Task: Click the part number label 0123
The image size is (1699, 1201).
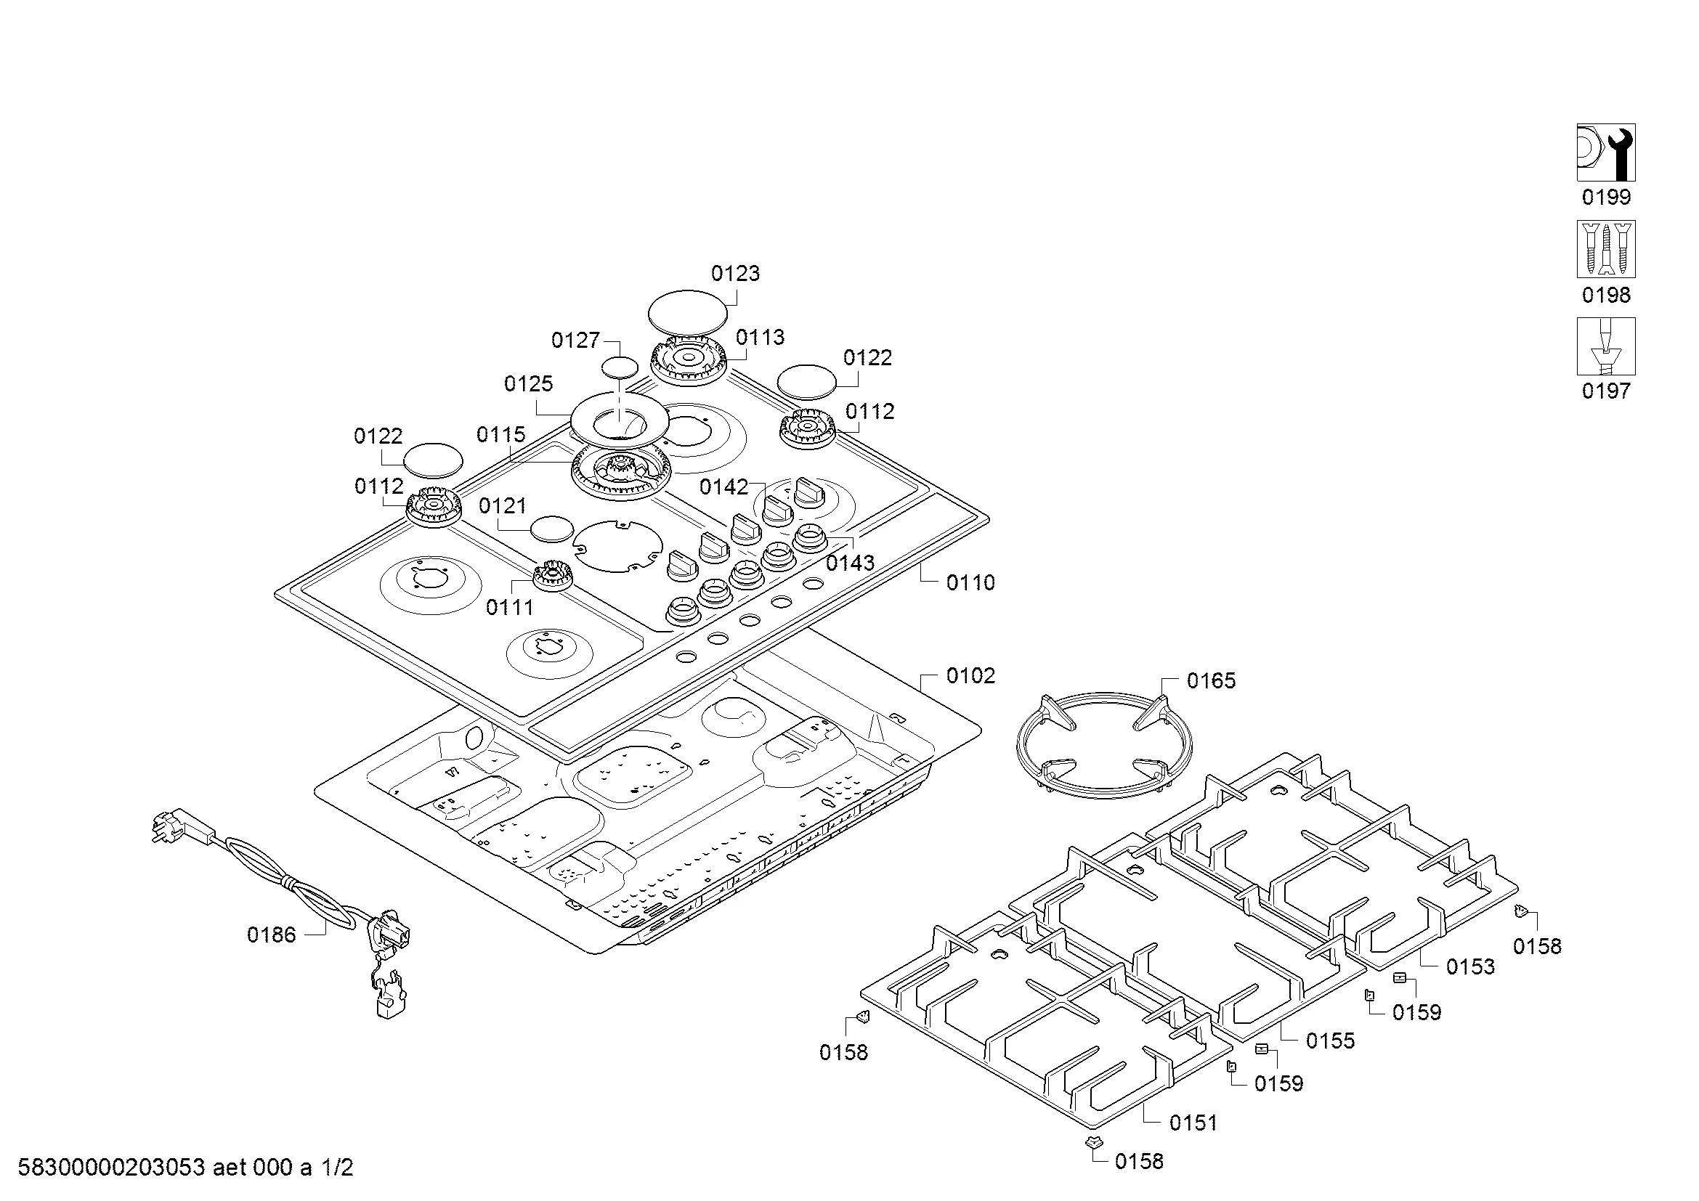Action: [x=735, y=274]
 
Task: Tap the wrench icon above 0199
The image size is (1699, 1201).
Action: [x=1606, y=152]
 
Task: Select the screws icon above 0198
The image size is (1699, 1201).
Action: [x=1606, y=249]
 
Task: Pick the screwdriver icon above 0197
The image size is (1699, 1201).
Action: [x=1606, y=346]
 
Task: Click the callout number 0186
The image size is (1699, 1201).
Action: [x=271, y=935]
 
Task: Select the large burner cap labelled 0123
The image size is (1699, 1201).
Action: [x=687, y=312]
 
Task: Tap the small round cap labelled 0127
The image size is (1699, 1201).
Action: [x=619, y=367]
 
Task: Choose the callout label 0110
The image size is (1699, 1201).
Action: [x=970, y=583]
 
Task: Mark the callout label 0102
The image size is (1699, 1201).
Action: [x=970, y=676]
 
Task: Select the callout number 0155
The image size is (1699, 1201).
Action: [x=1330, y=1041]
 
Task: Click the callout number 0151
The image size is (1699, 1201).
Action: [x=1193, y=1123]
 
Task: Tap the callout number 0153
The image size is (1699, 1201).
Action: [x=1469, y=966]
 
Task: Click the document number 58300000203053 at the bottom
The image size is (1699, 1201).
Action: [x=111, y=1168]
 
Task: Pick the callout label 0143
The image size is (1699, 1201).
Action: [x=850, y=563]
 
